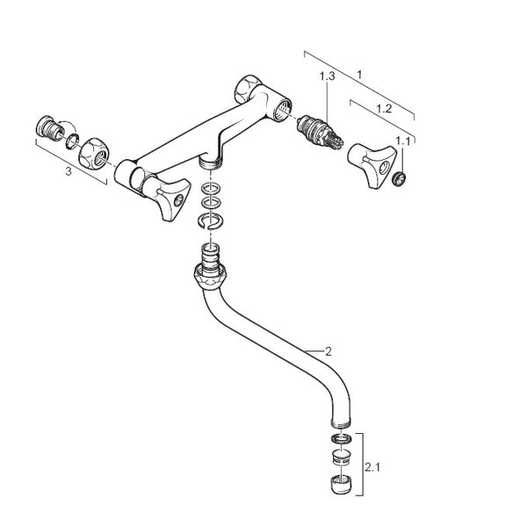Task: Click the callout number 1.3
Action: [328, 76]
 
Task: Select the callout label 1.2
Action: [382, 110]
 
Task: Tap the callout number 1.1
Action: [403, 141]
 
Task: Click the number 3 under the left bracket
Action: [68, 172]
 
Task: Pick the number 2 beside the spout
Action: [328, 351]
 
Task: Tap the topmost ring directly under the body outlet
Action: [209, 187]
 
